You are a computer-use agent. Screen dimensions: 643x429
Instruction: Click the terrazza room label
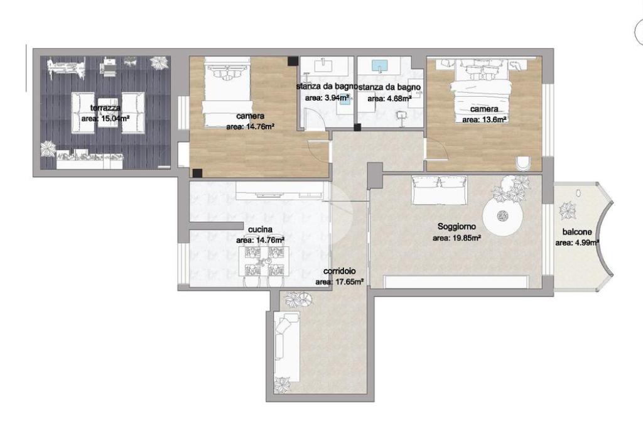(105, 108)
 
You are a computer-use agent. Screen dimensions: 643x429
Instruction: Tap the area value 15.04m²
(105, 119)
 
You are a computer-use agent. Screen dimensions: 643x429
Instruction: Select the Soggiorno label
(457, 226)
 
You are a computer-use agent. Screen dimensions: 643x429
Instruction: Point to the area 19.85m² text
(457, 238)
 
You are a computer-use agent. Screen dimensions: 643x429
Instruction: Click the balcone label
(577, 232)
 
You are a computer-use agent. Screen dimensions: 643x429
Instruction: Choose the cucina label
(261, 230)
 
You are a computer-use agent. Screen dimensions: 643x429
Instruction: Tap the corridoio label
(339, 271)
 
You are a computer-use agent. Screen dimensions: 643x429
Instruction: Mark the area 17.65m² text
(340, 282)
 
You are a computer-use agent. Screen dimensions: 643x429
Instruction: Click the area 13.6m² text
(484, 120)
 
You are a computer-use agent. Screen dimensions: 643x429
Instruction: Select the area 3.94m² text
(327, 98)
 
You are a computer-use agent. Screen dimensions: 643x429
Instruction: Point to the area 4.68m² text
(389, 99)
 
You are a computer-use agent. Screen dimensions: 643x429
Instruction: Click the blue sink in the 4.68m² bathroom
(380, 65)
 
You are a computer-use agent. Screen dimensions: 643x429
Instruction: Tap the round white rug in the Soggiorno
(502, 215)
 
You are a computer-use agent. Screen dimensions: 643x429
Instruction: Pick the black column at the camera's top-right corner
(293, 61)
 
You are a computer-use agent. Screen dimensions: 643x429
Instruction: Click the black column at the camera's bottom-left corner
(197, 173)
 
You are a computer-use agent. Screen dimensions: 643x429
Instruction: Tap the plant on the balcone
(568, 211)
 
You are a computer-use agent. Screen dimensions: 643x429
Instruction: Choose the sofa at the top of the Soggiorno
(439, 190)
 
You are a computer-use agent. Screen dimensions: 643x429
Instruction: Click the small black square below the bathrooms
(357, 127)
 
